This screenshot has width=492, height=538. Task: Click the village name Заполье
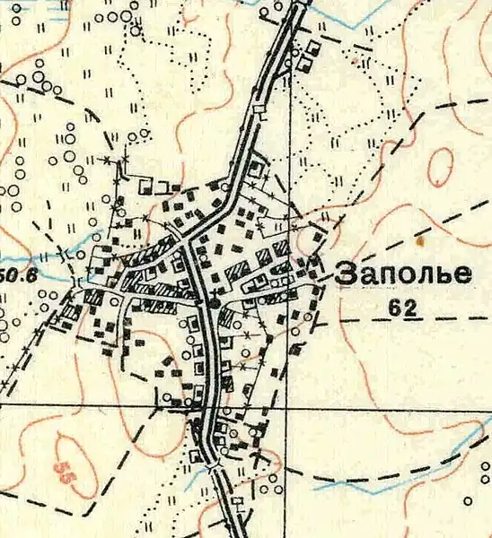tap(402, 274)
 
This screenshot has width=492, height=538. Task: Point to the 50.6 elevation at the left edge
tap(18, 275)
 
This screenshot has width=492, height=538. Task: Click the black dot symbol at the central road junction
tap(214, 306)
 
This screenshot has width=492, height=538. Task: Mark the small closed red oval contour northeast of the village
tap(440, 165)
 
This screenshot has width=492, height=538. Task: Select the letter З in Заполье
tap(345, 274)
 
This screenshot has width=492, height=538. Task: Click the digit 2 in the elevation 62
tap(411, 308)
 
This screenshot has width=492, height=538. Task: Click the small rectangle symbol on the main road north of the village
tap(259, 109)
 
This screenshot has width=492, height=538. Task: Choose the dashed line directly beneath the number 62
tap(404, 320)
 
